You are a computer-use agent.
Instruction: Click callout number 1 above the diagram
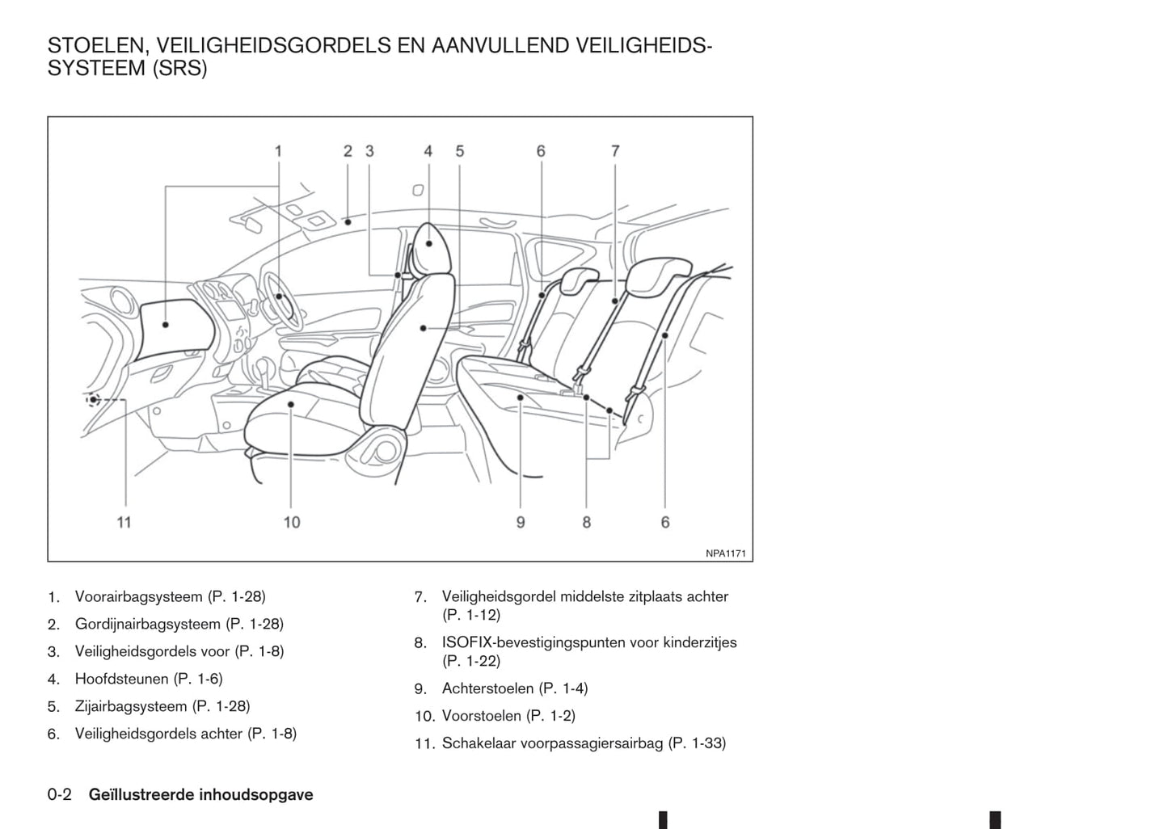[x=278, y=151]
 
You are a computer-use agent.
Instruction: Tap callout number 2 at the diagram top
[x=348, y=151]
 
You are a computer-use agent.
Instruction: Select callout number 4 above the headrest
[x=428, y=151]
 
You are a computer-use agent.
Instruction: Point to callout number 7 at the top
[x=615, y=151]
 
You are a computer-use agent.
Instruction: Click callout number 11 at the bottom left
[x=124, y=522]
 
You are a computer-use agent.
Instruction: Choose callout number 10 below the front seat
[x=292, y=522]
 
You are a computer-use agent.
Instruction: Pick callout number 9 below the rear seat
[x=521, y=522]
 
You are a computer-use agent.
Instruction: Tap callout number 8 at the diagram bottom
[x=587, y=522]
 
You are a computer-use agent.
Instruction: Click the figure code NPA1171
[x=725, y=553]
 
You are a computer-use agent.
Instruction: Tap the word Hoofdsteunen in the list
[x=122, y=679]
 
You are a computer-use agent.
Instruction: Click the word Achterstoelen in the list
[x=487, y=688]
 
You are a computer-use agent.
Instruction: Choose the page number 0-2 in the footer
[x=60, y=794]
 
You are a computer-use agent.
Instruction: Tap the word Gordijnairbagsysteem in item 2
[x=147, y=624]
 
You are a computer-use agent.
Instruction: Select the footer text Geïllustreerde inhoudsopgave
[x=201, y=794]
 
